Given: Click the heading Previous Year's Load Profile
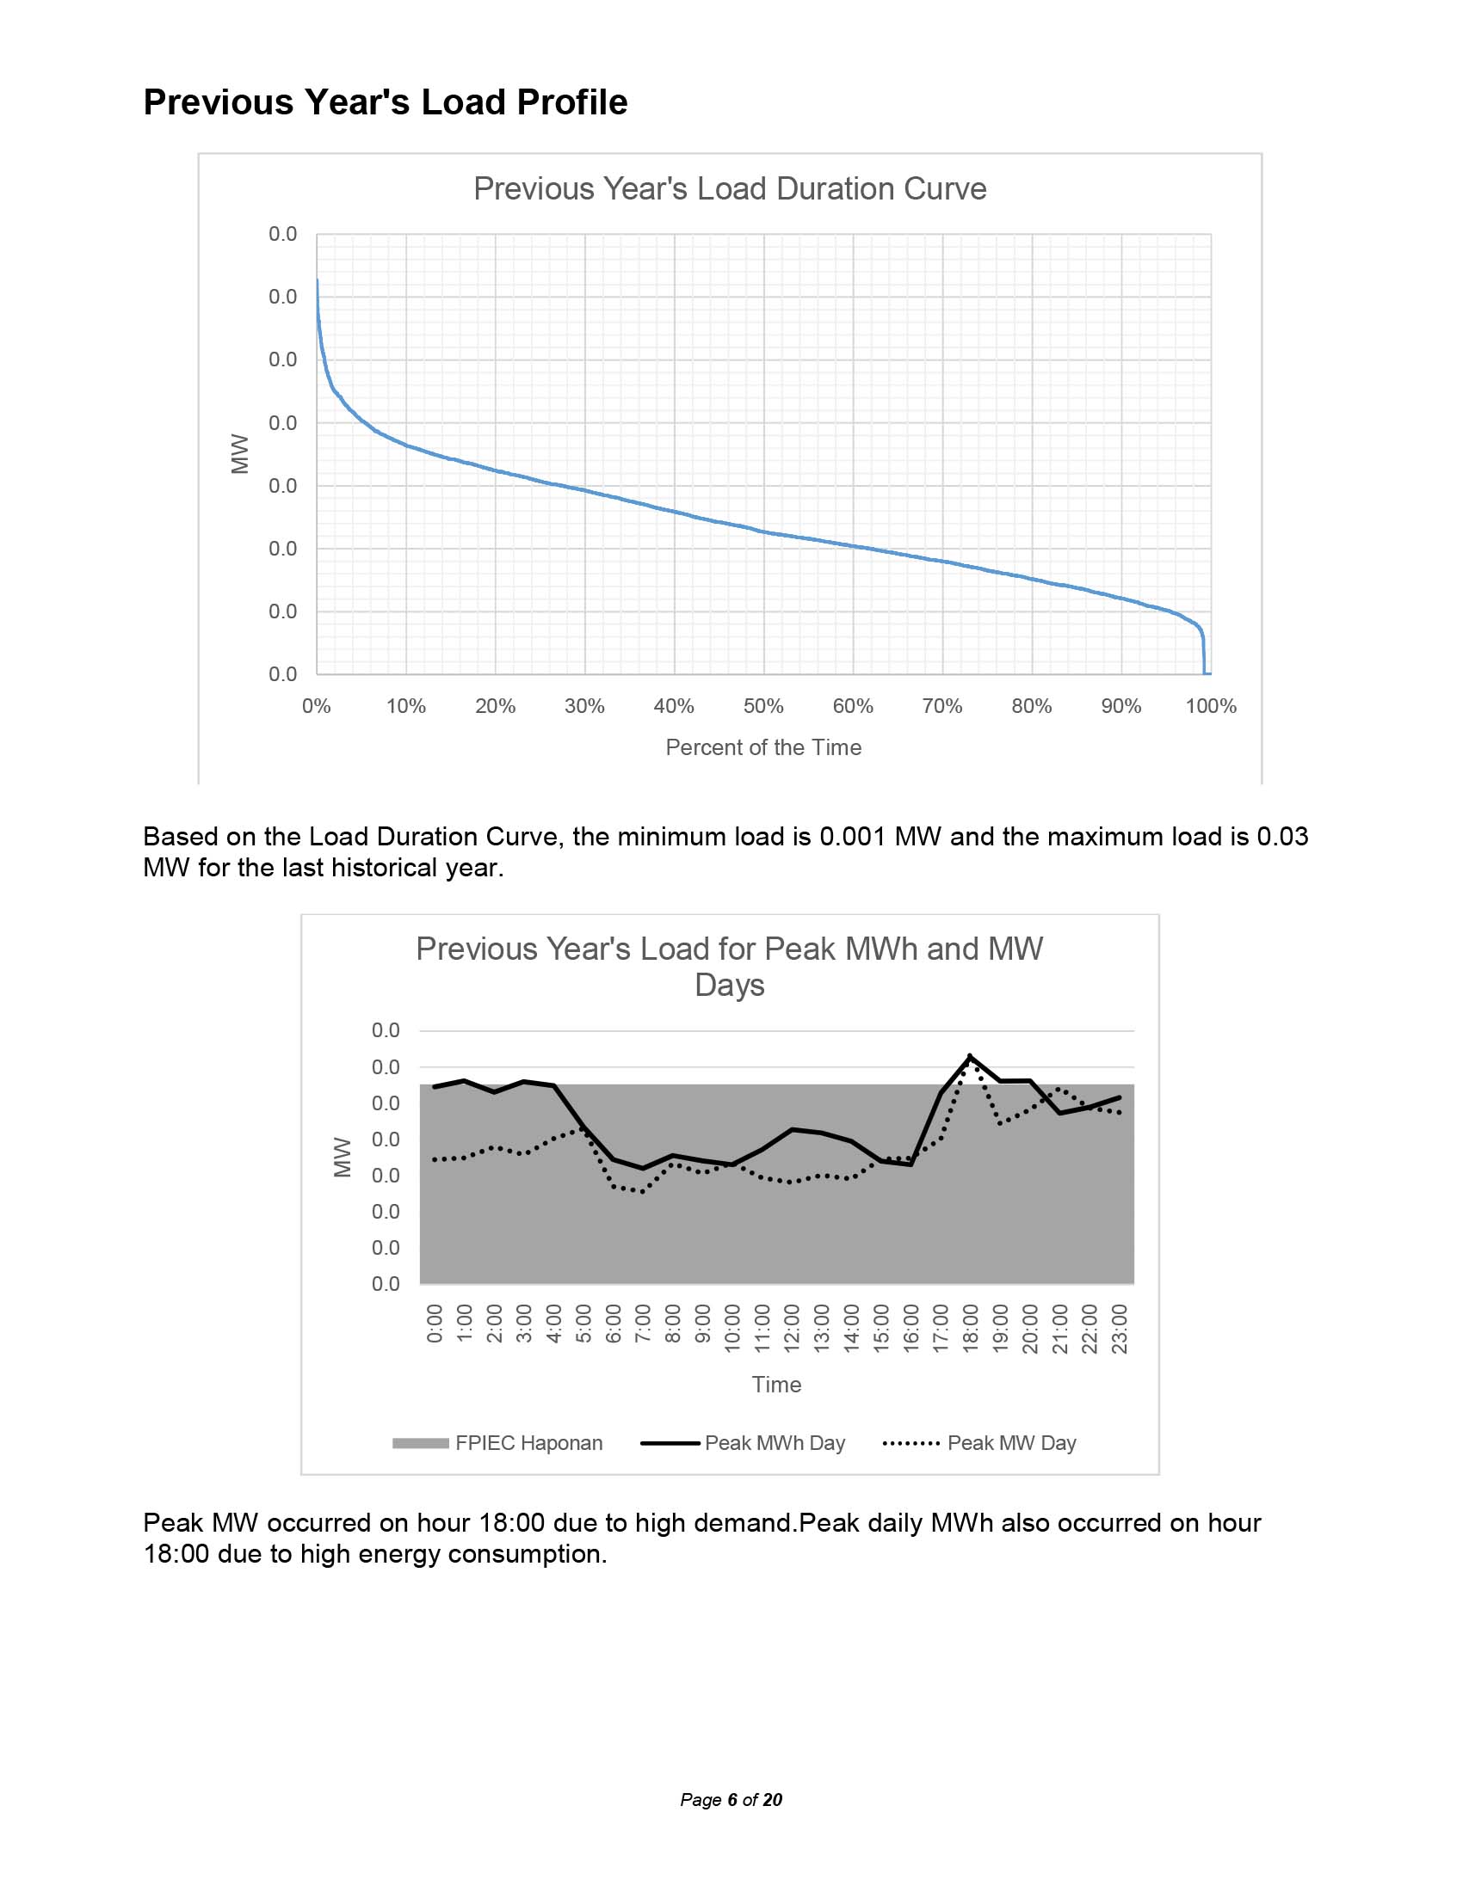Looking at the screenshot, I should pyautogui.click(x=385, y=102).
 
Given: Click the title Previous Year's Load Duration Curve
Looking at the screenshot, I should pyautogui.click(x=730, y=189).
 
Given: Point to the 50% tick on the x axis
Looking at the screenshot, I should pyautogui.click(x=763, y=706).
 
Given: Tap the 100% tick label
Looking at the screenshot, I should pyautogui.click(x=1211, y=706).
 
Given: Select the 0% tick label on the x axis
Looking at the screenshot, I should pyautogui.click(x=317, y=706).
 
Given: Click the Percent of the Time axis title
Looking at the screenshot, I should pyautogui.click(x=763, y=747).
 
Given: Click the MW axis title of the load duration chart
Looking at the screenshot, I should pyautogui.click(x=240, y=454).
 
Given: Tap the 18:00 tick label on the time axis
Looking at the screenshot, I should pyautogui.click(x=971, y=1323).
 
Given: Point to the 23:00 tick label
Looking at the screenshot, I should pyautogui.click(x=1120, y=1323).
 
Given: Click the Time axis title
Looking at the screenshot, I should pyautogui.click(x=776, y=1385).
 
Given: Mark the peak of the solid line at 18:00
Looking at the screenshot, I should pyautogui.click(x=970, y=1056).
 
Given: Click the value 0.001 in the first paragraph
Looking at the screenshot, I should pyautogui.click(x=853, y=837).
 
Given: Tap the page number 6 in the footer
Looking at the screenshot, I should pyautogui.click(x=732, y=1800).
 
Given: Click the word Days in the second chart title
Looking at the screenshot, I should pyautogui.click(x=730, y=985).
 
